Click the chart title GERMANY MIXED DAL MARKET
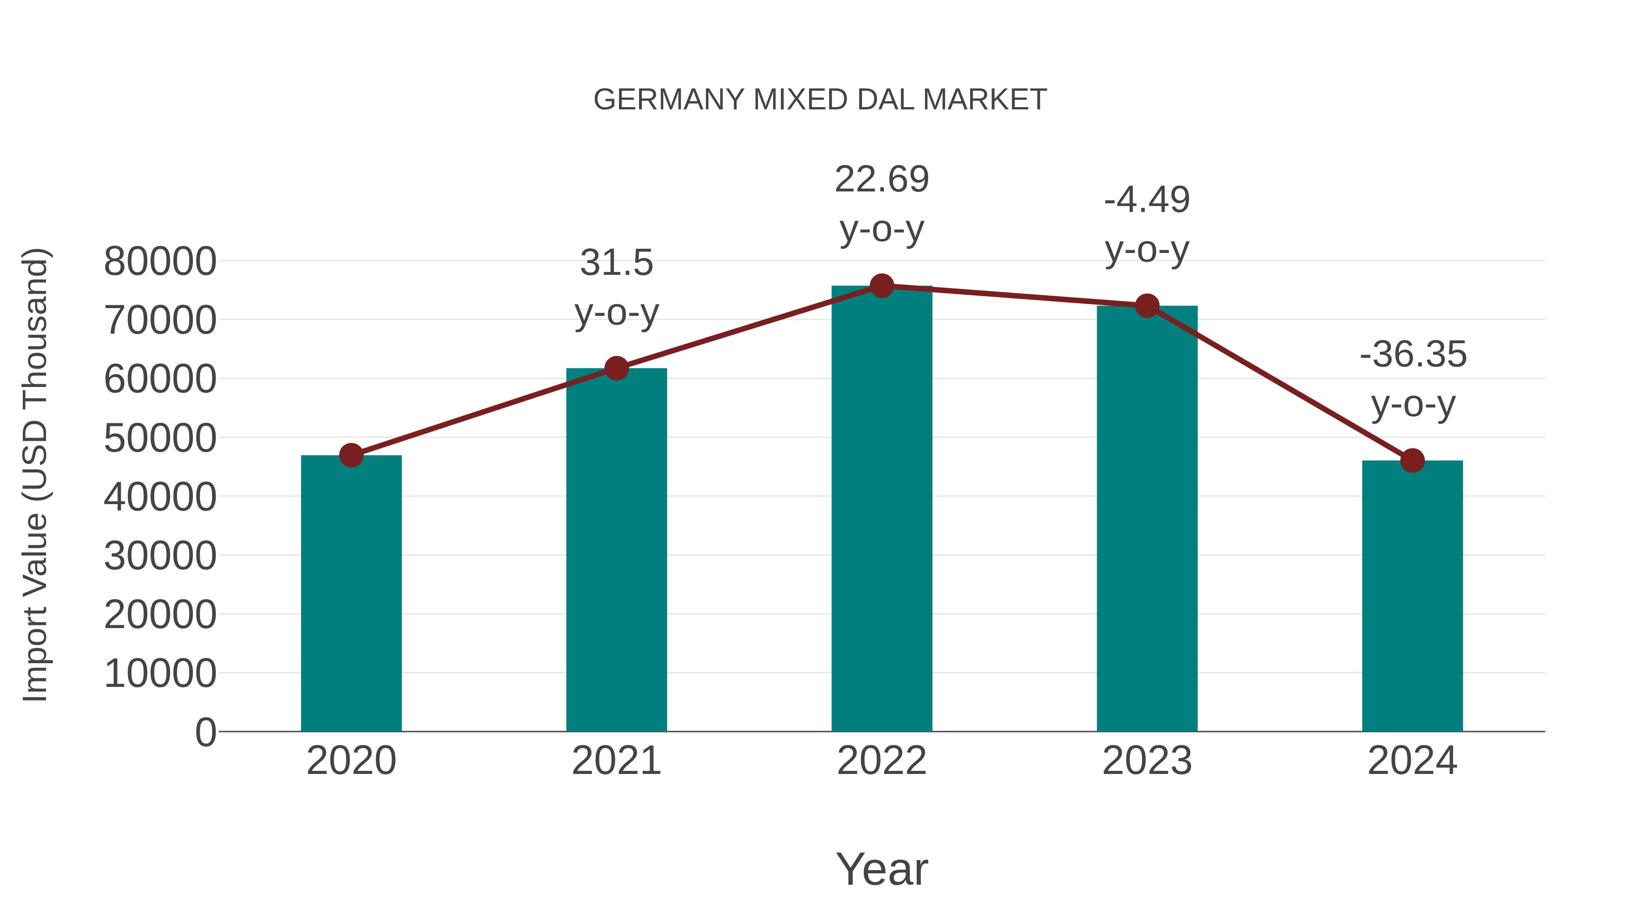point(820,100)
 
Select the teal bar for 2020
point(351,593)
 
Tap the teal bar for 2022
point(882,510)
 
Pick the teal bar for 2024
point(1412,596)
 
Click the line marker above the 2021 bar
point(616,368)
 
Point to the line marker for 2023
point(1147,306)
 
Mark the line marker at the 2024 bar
point(1412,460)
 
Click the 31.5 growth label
point(616,263)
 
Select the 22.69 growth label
point(882,179)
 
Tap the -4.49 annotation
point(1147,200)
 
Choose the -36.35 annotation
point(1412,354)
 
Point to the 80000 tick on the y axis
point(160,261)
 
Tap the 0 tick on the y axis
point(205,732)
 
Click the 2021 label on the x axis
point(616,761)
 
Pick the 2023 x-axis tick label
point(1147,761)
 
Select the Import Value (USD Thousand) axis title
point(35,474)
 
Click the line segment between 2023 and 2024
point(1279,383)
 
